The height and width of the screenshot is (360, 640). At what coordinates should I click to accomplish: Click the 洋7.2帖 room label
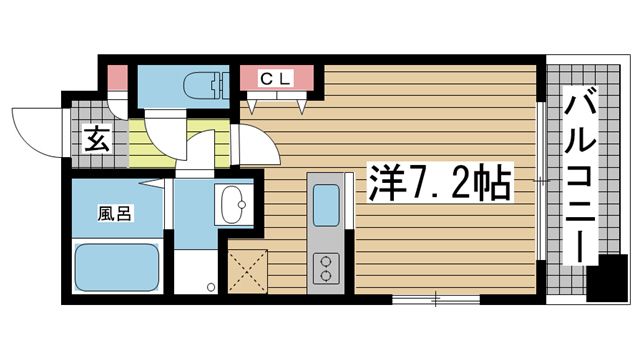[440, 182]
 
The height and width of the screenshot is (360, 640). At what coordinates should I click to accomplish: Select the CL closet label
[276, 78]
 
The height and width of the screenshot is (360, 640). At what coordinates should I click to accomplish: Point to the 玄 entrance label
[97, 139]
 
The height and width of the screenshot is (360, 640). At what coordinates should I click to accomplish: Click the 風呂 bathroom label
[114, 213]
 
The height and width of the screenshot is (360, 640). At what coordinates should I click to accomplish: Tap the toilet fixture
[206, 86]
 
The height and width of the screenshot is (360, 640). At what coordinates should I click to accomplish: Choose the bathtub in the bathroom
[117, 267]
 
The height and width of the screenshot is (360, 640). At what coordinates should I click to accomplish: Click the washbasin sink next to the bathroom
[233, 204]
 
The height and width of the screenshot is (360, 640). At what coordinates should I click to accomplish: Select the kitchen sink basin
[326, 205]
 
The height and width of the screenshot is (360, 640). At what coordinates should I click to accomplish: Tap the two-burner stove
[326, 268]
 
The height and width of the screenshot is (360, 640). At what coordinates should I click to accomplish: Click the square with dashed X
[247, 271]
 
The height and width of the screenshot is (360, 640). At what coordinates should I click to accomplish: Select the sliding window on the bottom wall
[436, 300]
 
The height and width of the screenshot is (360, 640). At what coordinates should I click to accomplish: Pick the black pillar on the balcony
[607, 278]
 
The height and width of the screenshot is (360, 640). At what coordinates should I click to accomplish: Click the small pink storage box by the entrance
[118, 78]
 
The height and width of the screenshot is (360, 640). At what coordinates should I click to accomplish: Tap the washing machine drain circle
[211, 287]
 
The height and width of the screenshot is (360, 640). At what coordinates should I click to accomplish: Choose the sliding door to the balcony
[540, 181]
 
